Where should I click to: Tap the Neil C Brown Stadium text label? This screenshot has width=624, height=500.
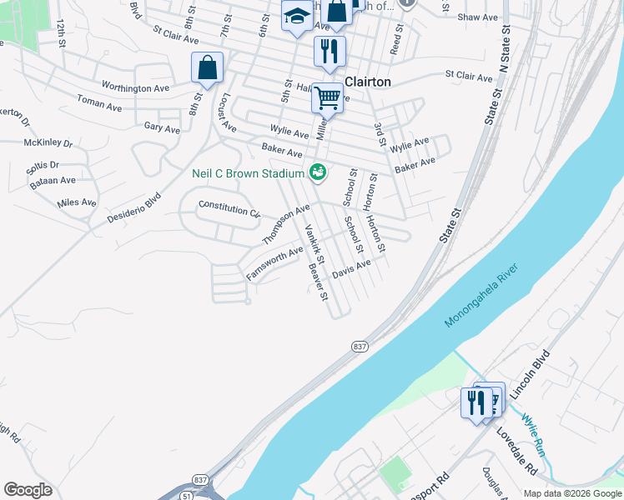point(248,173)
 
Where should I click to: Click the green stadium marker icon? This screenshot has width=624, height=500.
point(317,173)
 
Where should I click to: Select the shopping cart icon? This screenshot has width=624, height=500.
point(327,98)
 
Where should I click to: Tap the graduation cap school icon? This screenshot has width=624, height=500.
point(296,17)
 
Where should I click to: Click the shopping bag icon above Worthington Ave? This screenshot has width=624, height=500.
point(207,68)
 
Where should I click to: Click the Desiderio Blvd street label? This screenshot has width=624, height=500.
point(133,207)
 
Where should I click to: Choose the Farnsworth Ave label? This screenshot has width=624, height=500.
point(274,263)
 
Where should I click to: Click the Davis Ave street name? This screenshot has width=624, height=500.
point(350,268)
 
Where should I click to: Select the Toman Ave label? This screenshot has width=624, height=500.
point(98,104)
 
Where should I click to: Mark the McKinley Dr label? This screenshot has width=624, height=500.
point(48,142)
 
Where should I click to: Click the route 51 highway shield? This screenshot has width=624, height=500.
point(184,494)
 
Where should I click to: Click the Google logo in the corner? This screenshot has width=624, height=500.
point(28,490)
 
